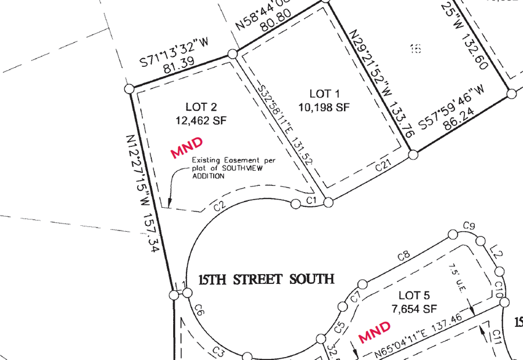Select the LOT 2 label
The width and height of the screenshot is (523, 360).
pos(200,107)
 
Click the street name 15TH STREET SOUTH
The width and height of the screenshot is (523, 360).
pos(266,280)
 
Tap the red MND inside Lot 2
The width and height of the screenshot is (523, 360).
pos(187,147)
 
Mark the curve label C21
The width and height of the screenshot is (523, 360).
pos(382,166)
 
